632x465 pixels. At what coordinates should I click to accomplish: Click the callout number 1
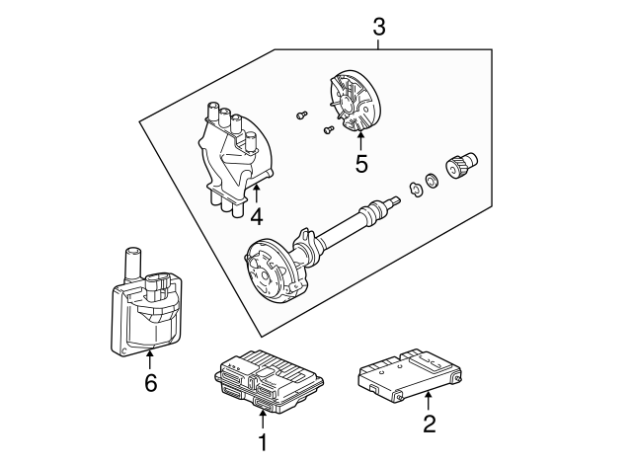click(x=263, y=443)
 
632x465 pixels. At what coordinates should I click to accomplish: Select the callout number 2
click(x=429, y=426)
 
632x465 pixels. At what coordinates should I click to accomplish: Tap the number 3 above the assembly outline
click(x=379, y=27)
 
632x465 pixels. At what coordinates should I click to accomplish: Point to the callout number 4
click(x=256, y=215)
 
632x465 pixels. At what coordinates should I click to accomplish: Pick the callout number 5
click(x=361, y=164)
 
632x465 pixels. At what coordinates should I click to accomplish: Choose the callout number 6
click(x=150, y=383)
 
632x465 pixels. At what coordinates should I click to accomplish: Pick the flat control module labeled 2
click(x=406, y=372)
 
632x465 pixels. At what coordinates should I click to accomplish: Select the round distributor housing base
click(x=272, y=270)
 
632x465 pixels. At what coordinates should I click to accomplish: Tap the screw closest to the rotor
click(x=326, y=127)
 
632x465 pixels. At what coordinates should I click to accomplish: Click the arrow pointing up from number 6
click(x=150, y=360)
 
